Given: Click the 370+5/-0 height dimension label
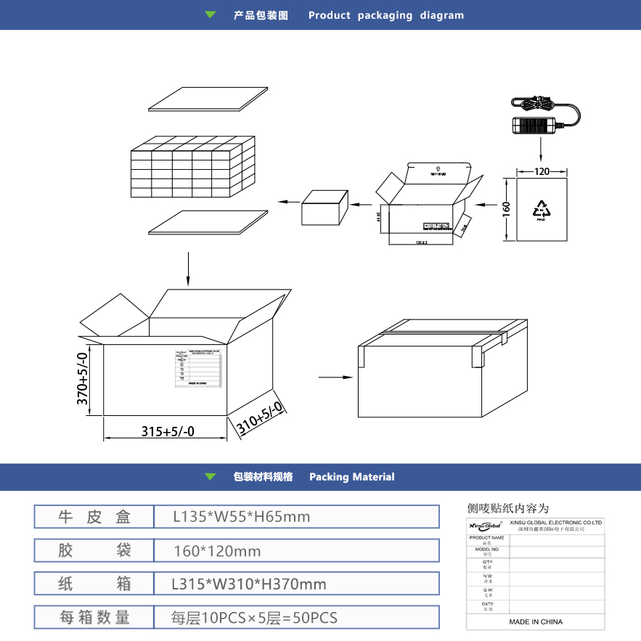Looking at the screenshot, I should (83, 379).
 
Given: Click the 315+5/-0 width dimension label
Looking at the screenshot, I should (168, 431).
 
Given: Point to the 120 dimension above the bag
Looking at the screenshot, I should (542, 172).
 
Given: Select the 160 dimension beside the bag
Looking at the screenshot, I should (507, 208).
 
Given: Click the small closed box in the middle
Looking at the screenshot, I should (324, 208).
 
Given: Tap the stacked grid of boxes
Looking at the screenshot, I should (193, 168).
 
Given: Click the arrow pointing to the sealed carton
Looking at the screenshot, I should (332, 377).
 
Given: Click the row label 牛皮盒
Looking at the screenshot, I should (94, 517).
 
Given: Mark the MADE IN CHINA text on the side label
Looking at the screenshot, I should (536, 621).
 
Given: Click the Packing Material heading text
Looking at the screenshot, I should (351, 477).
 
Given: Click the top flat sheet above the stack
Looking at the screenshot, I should (208, 99).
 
